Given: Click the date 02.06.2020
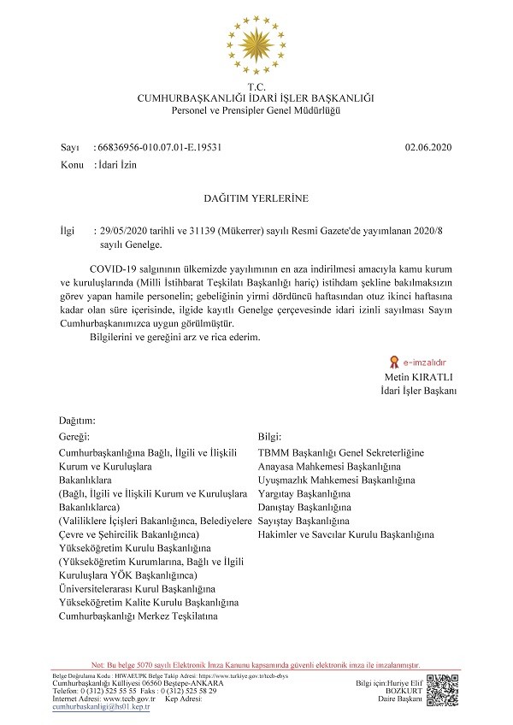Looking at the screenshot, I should (x=428, y=147).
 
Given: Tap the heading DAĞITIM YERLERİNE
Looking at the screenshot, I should (x=256, y=198).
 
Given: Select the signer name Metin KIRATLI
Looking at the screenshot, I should (x=422, y=377).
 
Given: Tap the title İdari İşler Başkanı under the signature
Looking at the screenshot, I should (x=419, y=391).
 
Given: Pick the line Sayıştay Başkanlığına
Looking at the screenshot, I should (x=304, y=520).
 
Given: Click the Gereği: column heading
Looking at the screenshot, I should (x=75, y=436).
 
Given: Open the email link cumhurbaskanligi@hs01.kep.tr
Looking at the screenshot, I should (x=101, y=707).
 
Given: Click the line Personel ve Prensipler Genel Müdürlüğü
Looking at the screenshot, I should (x=256, y=111).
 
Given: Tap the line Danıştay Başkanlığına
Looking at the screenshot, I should (x=304, y=508).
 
